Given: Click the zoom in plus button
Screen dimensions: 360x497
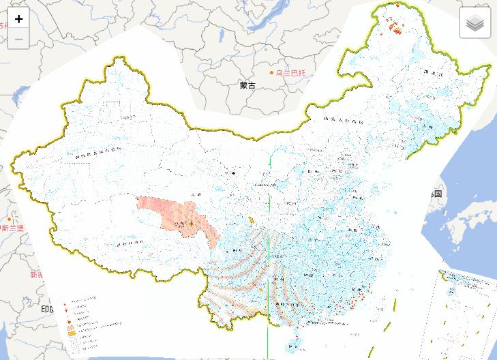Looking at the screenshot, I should point(18,19).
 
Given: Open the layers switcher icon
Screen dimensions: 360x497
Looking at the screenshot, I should point(475,23).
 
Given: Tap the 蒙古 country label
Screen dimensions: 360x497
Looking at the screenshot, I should point(247,86).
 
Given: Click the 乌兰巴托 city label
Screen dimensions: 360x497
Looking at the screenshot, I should point(291,72).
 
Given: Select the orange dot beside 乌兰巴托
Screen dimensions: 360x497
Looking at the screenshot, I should point(271,72).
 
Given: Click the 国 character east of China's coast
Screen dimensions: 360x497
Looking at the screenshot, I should point(437,194).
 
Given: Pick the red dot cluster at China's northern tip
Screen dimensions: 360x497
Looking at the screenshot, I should point(395,27).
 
